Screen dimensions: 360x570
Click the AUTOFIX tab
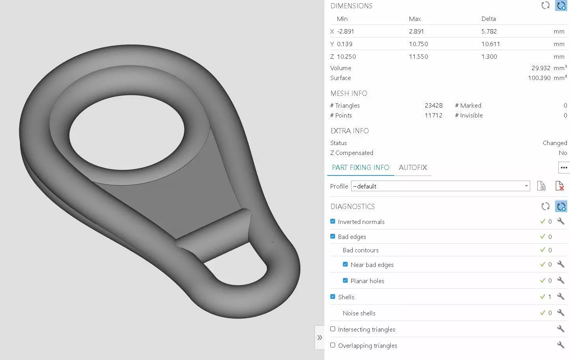(413, 168)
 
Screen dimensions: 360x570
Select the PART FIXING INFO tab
(360, 168)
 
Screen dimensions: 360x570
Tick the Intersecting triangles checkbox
(333, 329)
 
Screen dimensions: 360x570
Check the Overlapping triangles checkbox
(333, 345)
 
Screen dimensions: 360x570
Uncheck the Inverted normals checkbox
(333, 221)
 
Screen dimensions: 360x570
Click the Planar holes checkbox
(345, 280)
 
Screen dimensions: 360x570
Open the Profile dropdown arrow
(526, 186)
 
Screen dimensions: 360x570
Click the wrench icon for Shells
(561, 297)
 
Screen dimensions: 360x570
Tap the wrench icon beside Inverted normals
(561, 221)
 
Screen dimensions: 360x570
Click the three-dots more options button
(564, 168)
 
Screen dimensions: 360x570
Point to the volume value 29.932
(541, 68)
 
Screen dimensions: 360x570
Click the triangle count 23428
(434, 106)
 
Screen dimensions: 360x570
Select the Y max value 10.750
(418, 44)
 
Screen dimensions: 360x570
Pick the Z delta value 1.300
(489, 57)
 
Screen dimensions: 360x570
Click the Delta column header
(488, 19)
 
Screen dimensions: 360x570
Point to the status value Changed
(555, 143)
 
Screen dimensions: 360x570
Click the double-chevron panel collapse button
(320, 338)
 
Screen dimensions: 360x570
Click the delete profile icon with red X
(559, 186)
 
